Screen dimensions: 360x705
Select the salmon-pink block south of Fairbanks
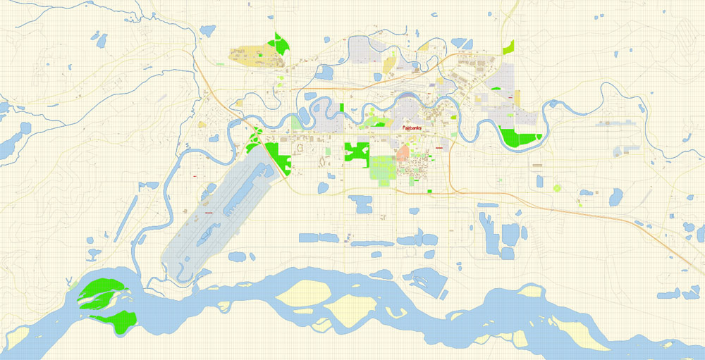tap(403, 154)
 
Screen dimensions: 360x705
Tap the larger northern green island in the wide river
tap(101, 292)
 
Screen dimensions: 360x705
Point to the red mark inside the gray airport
tap(208, 212)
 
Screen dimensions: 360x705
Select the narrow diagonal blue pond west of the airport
tap(129, 215)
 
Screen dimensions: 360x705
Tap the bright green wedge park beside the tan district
tap(281, 44)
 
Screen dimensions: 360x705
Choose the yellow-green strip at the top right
tap(509, 47)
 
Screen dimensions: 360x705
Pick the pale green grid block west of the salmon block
tap(381, 170)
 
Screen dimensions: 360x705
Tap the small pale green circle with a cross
tap(557, 188)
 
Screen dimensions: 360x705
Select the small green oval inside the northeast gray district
tap(496, 89)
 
